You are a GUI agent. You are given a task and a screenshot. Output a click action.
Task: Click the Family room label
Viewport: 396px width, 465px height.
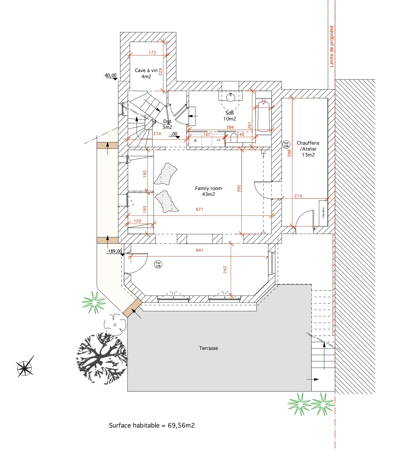pyautogui.click(x=208, y=191)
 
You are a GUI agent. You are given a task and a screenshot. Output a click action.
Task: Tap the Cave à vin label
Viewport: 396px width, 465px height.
pyautogui.click(x=146, y=73)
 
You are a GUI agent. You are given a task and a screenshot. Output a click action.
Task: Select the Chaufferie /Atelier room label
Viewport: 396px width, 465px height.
pyautogui.click(x=308, y=149)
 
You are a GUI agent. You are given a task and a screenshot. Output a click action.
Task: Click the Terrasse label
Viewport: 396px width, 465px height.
pyautogui.click(x=208, y=348)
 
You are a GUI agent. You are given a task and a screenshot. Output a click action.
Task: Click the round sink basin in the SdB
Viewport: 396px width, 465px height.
pyautogui.click(x=231, y=97)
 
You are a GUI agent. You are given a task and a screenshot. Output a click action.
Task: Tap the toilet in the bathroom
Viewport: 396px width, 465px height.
pyautogui.click(x=234, y=138)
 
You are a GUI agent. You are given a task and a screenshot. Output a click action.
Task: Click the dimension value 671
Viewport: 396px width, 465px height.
pyautogui.click(x=199, y=209)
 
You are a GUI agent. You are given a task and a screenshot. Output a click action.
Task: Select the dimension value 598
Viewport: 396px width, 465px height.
pyautogui.click(x=289, y=153)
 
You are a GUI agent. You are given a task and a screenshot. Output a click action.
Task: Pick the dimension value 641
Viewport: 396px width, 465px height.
pyautogui.click(x=199, y=250)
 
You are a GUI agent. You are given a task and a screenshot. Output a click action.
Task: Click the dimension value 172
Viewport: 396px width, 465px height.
pyautogui.click(x=152, y=53)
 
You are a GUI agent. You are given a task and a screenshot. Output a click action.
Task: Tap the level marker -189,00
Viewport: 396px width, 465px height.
pyautogui.click(x=114, y=251)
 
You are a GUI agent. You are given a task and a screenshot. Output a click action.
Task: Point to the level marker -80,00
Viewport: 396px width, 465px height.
pyautogui.click(x=110, y=75)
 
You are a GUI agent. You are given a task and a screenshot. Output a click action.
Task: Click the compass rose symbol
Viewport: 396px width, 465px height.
pyautogui.click(x=25, y=367)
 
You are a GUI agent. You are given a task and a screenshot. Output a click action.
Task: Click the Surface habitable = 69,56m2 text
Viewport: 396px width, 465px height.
pyautogui.click(x=152, y=425)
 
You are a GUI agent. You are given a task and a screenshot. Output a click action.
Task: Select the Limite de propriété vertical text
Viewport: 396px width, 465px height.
pyautogui.click(x=332, y=46)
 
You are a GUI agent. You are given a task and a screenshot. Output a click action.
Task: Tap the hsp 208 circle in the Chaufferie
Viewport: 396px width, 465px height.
pyautogui.click(x=286, y=144)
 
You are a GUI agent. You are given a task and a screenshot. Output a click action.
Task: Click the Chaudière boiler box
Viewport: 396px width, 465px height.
pyautogui.click(x=323, y=213)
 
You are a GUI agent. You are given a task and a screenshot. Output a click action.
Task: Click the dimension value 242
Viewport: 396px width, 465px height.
pyautogui.click(x=225, y=270)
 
